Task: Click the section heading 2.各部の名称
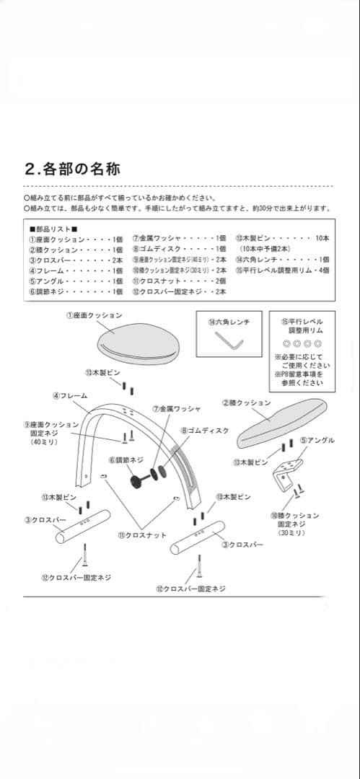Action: coord(71,170)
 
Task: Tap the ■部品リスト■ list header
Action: coord(53,228)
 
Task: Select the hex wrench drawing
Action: coord(233,341)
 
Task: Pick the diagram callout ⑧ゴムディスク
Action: coord(205,430)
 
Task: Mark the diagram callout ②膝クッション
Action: coord(247,402)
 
